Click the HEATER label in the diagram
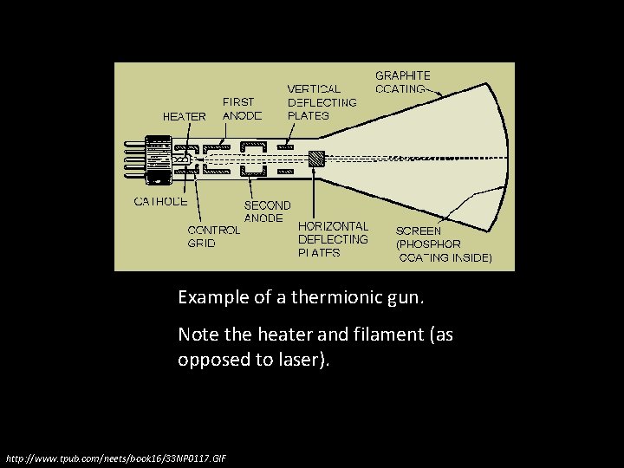point(185,115)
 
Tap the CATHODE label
point(161,201)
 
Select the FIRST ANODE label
point(243,108)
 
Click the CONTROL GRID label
point(214,237)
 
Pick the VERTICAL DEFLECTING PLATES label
point(322,101)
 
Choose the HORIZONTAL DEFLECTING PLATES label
point(333,239)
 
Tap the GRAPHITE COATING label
point(402,81)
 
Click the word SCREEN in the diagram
point(419,231)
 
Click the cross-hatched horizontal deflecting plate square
point(316,159)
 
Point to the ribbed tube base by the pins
point(159,159)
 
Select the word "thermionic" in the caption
point(331,297)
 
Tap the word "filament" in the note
point(389,334)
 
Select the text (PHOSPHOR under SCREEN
point(428,244)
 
